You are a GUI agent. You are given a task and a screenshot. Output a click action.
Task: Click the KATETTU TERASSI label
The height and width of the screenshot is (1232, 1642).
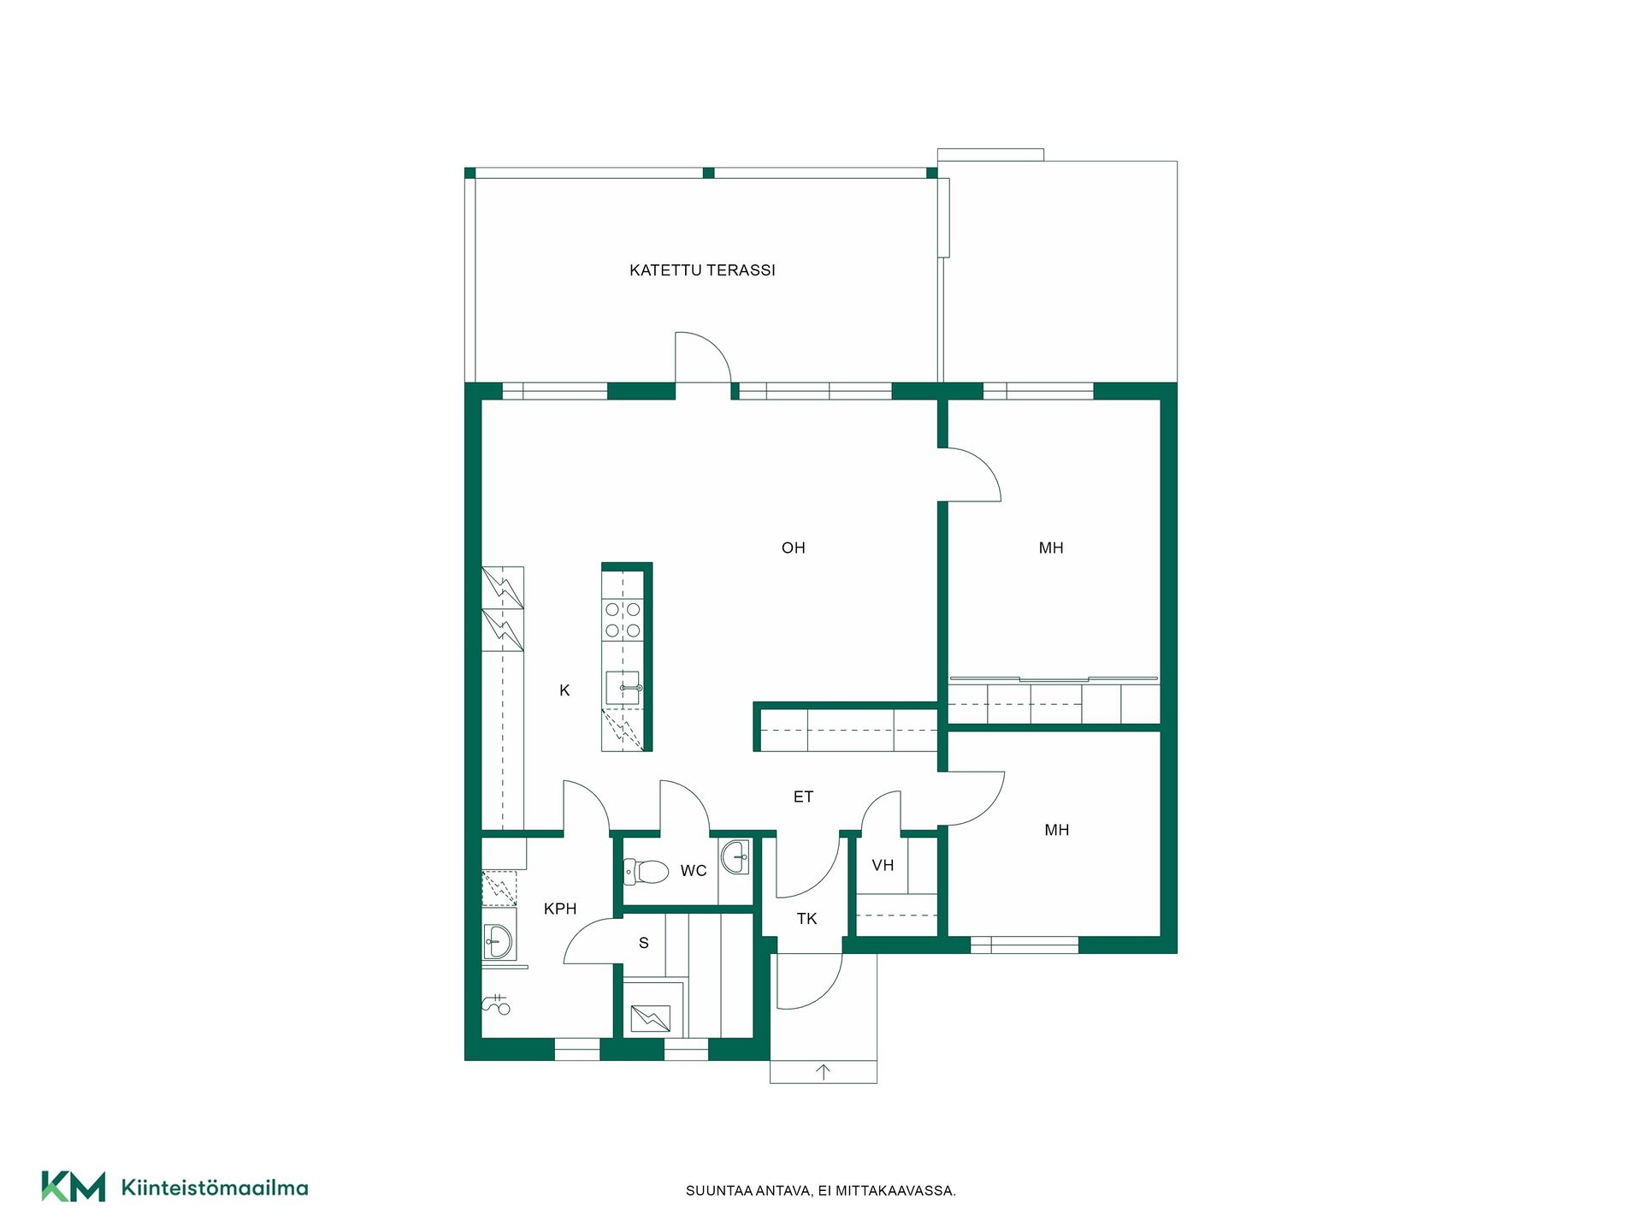point(702,270)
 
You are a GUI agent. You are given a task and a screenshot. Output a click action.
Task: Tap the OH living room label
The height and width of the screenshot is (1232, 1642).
point(794,548)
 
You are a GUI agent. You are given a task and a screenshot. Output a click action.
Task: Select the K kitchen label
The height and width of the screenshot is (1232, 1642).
point(564,690)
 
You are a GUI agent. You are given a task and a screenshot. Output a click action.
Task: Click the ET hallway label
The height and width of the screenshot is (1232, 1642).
point(803,797)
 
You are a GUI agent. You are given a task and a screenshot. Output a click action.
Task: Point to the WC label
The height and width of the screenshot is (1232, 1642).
point(694,871)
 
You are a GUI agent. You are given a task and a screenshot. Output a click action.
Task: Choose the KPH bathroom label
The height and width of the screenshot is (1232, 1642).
point(560,909)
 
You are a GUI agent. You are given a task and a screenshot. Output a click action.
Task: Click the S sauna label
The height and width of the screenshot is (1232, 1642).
point(644,943)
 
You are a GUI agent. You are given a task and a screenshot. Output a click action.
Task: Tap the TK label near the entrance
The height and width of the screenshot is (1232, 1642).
point(807,919)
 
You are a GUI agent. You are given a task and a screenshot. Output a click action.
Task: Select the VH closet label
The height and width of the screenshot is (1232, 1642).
point(883,866)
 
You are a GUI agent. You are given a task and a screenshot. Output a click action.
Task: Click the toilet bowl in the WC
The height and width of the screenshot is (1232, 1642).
point(647,872)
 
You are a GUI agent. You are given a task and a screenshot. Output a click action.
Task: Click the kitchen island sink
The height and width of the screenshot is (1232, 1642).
point(623,688)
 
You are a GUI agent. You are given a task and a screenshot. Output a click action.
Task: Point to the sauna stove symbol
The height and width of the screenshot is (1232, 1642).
point(651,1018)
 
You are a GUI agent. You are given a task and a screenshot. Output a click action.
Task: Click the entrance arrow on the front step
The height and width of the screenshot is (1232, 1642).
point(824,1072)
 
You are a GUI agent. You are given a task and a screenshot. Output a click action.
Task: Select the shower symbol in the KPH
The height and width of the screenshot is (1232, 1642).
point(497,1004)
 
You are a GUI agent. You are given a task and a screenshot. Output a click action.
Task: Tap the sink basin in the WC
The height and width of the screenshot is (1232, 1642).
point(735,856)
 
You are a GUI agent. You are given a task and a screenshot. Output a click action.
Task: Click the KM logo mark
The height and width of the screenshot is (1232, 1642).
point(74,1187)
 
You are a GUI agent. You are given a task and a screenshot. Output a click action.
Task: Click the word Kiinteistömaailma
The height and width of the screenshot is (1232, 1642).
point(215,1188)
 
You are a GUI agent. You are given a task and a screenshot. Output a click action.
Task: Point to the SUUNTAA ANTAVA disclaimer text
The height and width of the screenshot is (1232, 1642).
point(821,1191)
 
